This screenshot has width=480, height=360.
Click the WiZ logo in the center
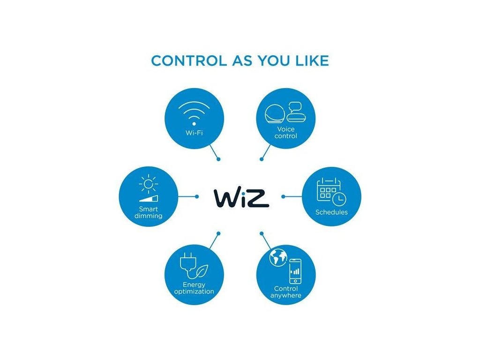(241, 197)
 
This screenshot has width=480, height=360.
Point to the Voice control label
(286, 132)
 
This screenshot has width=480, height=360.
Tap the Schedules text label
(331, 212)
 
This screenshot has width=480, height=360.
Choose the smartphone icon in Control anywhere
(295, 271)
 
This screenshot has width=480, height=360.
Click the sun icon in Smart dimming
(148, 184)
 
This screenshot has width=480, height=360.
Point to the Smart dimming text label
(148, 212)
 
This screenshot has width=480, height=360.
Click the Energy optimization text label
(194, 288)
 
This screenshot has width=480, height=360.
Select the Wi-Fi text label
(194, 133)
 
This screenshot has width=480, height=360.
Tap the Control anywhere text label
(286, 292)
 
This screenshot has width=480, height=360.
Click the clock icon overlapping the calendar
(339, 199)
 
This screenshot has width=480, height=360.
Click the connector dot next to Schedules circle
(283, 196)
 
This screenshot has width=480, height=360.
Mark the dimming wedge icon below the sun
(150, 198)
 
